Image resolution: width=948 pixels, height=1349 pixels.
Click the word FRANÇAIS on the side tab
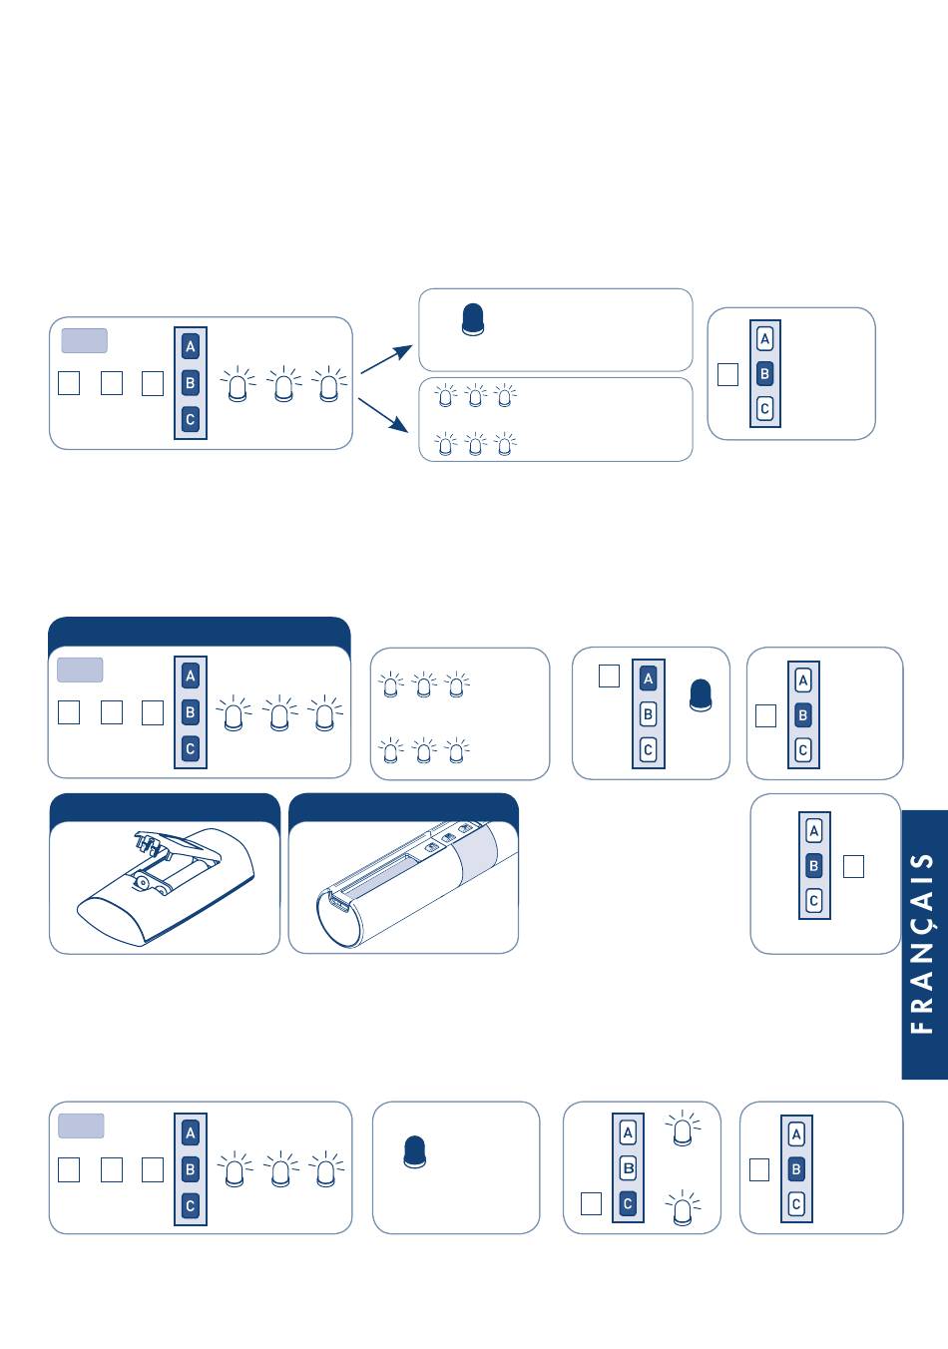point(924,944)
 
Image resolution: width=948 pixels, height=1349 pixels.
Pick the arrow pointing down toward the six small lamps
point(384,414)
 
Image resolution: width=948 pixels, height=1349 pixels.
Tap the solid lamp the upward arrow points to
point(474,319)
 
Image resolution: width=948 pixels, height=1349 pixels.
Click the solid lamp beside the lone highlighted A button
point(702,695)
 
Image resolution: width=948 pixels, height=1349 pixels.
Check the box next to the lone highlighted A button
point(609,676)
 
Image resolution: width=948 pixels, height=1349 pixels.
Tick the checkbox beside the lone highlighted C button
point(591,1203)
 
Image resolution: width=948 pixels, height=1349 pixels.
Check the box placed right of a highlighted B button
point(853,866)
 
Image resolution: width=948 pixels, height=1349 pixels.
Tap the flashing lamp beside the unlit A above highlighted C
point(683,1129)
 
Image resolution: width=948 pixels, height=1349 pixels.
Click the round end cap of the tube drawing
point(336,915)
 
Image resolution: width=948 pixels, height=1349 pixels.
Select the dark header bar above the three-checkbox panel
point(199,632)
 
